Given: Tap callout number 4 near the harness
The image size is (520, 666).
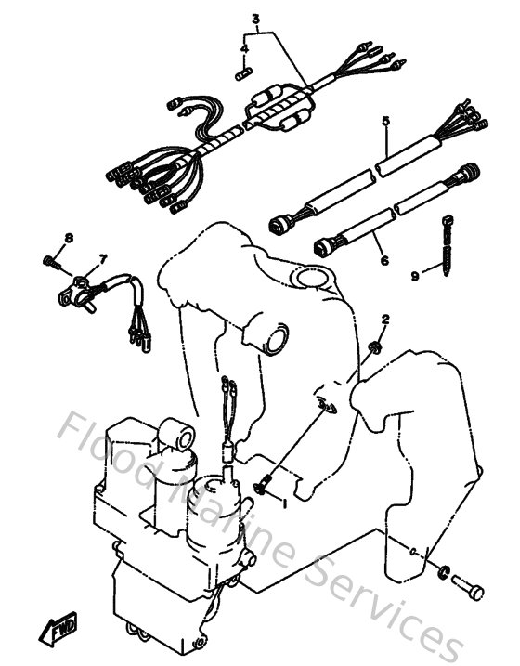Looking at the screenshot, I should pyautogui.click(x=245, y=47).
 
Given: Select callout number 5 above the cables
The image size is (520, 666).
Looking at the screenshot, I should pyautogui.click(x=383, y=121).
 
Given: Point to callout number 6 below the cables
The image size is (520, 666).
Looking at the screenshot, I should pyautogui.click(x=383, y=262).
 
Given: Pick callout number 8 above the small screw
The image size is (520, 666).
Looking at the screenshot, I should pyautogui.click(x=68, y=239).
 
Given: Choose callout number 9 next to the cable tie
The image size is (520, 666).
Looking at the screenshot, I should pyautogui.click(x=416, y=275).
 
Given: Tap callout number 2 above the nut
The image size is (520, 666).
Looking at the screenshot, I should pyautogui.click(x=385, y=320).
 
